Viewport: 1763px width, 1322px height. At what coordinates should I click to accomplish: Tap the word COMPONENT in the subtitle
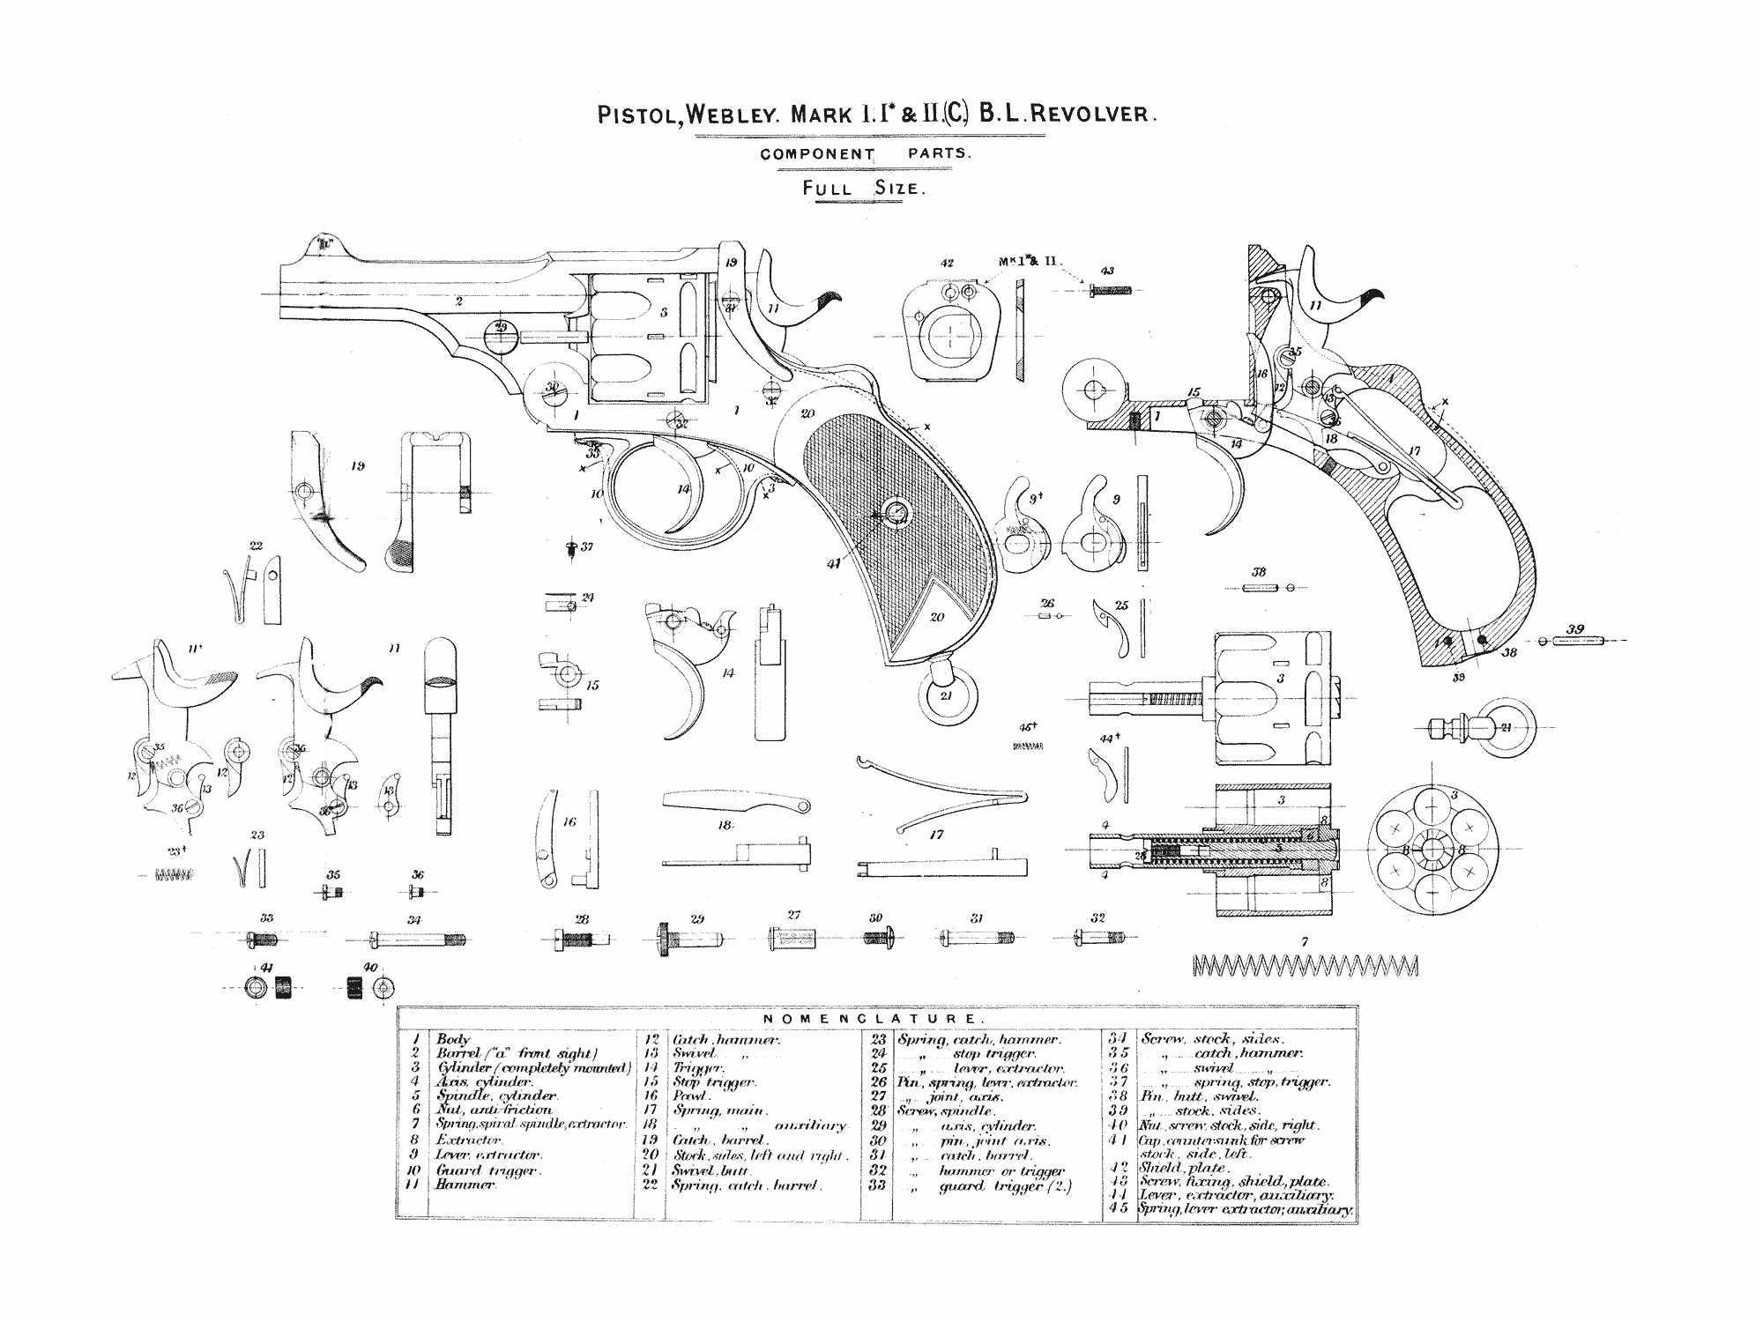(817, 153)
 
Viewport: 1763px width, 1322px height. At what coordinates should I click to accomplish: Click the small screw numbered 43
(1110, 289)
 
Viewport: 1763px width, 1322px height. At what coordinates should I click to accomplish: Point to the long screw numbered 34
(418, 940)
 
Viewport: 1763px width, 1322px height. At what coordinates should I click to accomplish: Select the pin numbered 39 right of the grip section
(1582, 642)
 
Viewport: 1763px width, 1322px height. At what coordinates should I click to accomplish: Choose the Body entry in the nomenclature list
(454, 1040)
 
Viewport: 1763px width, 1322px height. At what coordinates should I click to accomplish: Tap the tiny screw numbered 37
(571, 548)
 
